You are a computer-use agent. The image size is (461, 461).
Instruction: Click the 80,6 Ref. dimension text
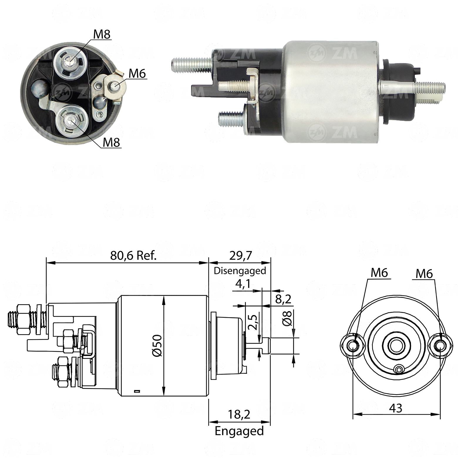point(134,255)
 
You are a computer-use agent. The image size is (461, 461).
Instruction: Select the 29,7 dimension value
point(240,255)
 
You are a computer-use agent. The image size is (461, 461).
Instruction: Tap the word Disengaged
point(240,271)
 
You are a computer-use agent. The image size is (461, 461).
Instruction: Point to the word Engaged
point(239,431)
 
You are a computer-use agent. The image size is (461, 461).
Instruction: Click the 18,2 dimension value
point(239,414)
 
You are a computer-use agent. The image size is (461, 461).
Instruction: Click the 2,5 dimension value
point(253,322)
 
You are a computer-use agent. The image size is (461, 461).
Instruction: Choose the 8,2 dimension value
point(283,299)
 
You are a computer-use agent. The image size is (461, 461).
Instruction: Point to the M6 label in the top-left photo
point(137,73)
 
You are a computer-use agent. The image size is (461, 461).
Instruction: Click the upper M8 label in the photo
point(102,34)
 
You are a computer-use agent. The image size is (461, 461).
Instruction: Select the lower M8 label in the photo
point(112,142)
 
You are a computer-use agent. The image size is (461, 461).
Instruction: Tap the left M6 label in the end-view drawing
point(379,273)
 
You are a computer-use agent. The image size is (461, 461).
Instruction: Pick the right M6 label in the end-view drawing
point(424,274)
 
